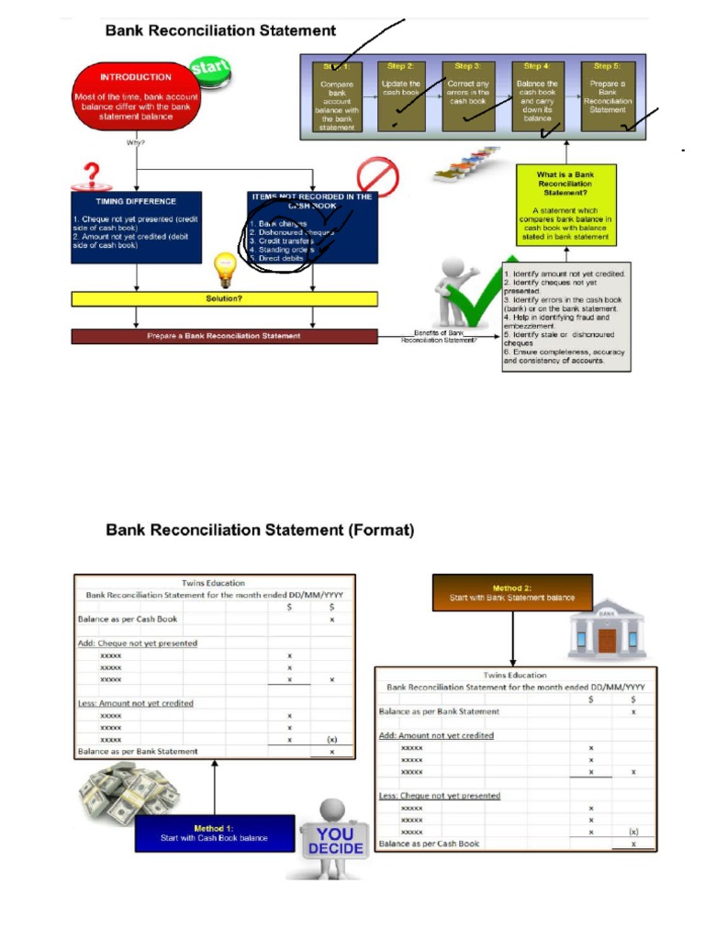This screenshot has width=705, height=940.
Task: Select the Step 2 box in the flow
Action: click(x=401, y=95)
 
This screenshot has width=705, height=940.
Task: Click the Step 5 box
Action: click(x=607, y=95)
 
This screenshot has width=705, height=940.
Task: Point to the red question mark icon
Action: click(x=92, y=173)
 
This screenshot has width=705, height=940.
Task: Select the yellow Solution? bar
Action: click(x=224, y=299)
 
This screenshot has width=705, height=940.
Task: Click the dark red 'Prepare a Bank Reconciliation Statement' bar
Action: click(x=224, y=336)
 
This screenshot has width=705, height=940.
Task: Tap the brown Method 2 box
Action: click(x=512, y=592)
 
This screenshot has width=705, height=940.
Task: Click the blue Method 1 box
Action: click(x=215, y=833)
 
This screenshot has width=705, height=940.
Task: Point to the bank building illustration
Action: click(x=607, y=629)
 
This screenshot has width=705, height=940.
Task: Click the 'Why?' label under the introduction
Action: click(x=136, y=143)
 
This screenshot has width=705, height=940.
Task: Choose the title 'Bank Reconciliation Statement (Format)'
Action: click(x=260, y=530)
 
